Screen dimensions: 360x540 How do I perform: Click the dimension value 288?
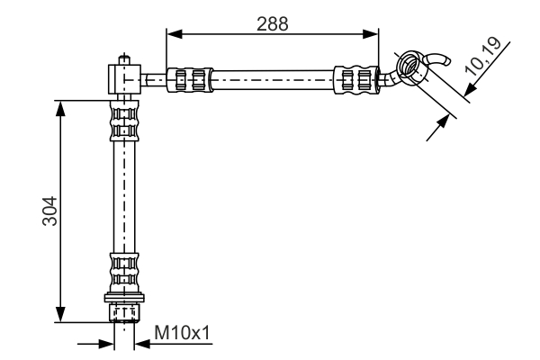pyautogui.click(x=271, y=23)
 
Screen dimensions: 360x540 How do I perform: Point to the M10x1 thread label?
pyautogui.click(x=182, y=334)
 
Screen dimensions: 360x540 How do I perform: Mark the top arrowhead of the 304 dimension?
pyautogui.click(x=61, y=106)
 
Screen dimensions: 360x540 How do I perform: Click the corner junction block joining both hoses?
pyautogui.click(x=123, y=78)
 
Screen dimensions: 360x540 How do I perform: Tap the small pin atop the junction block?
pyautogui.click(x=122, y=61)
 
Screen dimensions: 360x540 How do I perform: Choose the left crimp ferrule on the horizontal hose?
pyautogui.click(x=191, y=79)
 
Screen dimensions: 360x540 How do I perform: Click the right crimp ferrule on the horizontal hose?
pyautogui.click(x=355, y=79)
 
